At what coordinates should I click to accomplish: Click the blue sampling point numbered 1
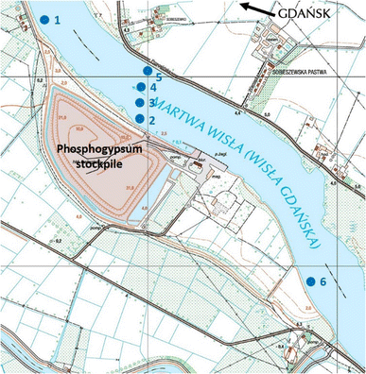point(44,19)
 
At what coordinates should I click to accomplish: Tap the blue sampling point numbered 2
point(140,119)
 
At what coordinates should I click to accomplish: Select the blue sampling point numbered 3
point(140,103)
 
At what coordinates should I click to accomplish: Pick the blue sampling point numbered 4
point(141,88)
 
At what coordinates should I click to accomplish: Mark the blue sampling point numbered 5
point(147,71)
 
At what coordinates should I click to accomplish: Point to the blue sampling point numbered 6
point(309,280)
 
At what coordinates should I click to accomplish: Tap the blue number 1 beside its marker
point(58,20)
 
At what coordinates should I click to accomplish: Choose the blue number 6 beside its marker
point(322,281)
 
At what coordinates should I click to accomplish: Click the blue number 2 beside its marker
point(151,119)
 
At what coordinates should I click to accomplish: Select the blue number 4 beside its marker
point(152,88)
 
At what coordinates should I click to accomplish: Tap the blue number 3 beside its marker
point(151,103)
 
